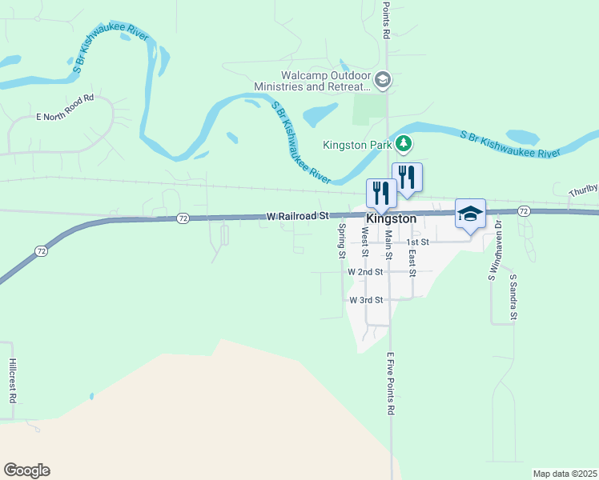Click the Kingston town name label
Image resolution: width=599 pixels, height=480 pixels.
coord(392,218)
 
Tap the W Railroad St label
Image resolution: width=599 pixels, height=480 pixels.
coord(298,216)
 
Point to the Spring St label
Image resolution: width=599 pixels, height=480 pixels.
coord(341,241)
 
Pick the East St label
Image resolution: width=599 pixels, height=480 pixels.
coord(412,262)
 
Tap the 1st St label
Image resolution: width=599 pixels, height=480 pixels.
coord(418,242)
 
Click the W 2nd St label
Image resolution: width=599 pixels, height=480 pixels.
coord(366,271)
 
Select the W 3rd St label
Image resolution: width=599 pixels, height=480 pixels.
coord(367,300)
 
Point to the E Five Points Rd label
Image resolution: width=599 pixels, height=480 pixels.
coord(392,384)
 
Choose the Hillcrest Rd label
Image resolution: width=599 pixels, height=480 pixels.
coord(13,380)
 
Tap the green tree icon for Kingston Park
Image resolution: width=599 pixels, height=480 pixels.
coord(405,145)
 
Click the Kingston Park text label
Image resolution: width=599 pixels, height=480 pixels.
coord(357,146)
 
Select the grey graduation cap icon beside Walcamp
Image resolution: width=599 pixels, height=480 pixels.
coord(382,79)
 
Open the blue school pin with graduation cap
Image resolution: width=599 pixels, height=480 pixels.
coord(470,214)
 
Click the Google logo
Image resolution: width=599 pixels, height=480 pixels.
coord(26,470)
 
